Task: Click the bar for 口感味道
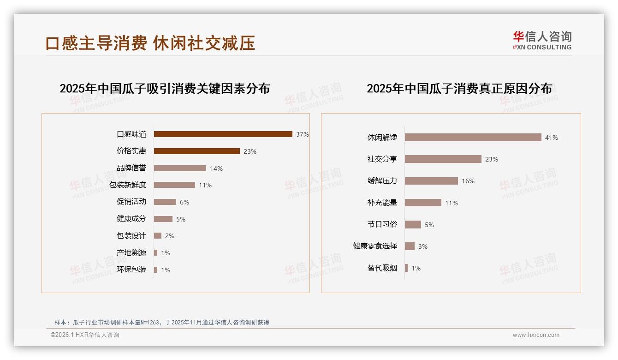pos(223,134)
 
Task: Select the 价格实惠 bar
pos(196,151)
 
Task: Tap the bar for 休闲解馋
pos(473,138)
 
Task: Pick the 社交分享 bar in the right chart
pos(443,159)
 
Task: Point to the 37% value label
pos(303,134)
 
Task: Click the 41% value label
pos(551,138)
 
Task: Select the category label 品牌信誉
pos(131,168)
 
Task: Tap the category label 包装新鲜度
pos(128,185)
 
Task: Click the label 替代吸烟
pos(382,268)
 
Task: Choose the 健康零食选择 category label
pos(374,246)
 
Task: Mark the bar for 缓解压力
pos(431,181)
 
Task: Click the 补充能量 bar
pos(423,203)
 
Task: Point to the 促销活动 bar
pos(165,202)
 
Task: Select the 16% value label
pos(468,181)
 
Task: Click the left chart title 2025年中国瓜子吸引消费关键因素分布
pos(165,89)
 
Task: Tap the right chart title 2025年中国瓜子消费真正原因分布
pos(459,89)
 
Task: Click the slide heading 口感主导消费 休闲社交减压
pos(150,43)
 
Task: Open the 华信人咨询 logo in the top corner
pos(542,41)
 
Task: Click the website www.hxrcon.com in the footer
pos(536,335)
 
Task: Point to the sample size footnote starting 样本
pos(161,322)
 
